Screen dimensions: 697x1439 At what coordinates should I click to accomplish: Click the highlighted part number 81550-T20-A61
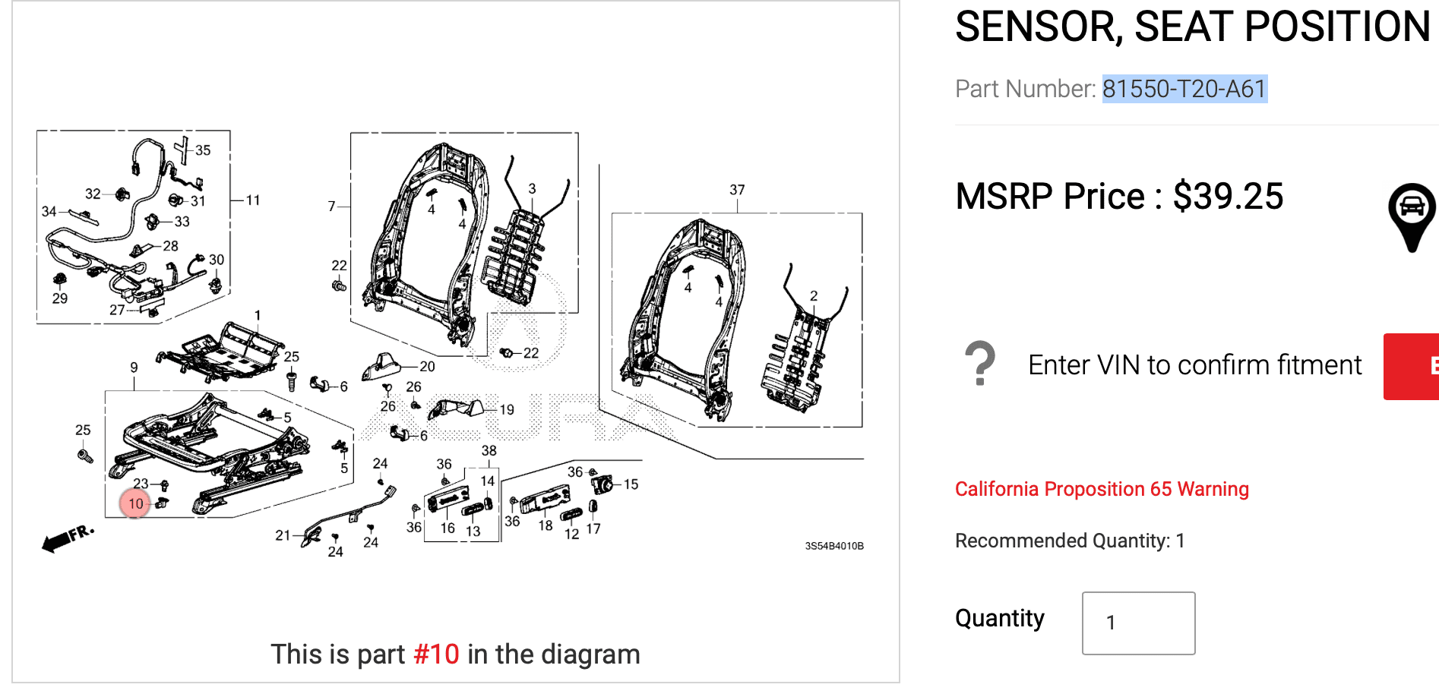coord(1184,89)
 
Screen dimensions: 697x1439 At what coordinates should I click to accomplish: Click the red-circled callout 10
coord(135,503)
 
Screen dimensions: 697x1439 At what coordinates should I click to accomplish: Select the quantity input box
coord(1137,623)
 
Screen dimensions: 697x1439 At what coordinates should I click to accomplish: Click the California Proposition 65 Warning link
coord(1101,489)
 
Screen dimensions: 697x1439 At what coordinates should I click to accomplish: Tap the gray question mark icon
coord(980,364)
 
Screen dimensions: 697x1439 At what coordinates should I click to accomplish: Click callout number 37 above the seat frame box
coord(737,190)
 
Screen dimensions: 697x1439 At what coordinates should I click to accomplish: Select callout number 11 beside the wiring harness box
coord(253,200)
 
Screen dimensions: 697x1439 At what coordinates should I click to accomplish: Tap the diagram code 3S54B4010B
coord(833,546)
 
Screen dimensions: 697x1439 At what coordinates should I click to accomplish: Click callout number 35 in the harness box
coord(203,150)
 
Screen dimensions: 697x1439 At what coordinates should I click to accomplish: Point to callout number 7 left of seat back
coord(331,207)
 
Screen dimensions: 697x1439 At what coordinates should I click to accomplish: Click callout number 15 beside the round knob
coord(631,484)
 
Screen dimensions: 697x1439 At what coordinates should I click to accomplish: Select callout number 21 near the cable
coord(283,535)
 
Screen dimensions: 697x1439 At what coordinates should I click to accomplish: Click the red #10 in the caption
coord(436,654)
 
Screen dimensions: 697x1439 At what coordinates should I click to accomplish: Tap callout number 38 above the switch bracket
coord(489,451)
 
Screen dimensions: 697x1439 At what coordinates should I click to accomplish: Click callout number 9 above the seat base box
coord(134,367)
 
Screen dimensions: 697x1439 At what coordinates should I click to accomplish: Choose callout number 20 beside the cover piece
coord(427,367)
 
